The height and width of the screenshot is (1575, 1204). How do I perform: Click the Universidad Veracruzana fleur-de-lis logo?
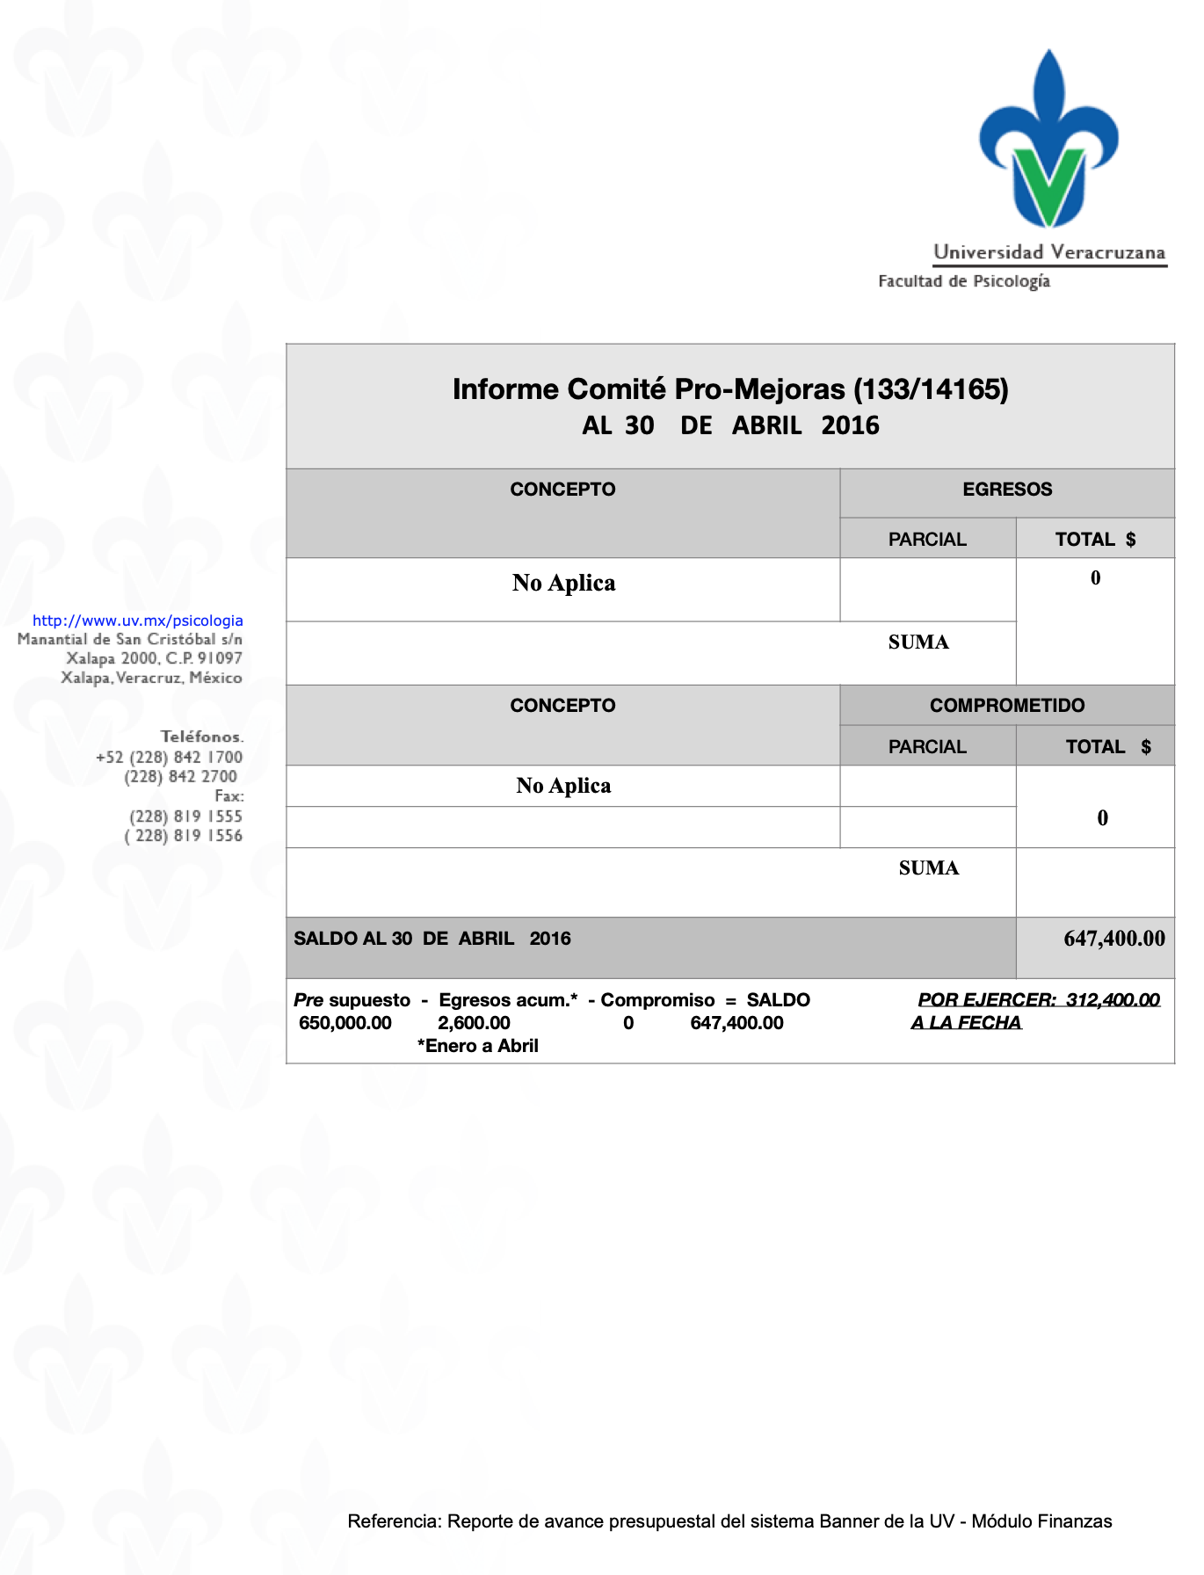(x=1048, y=141)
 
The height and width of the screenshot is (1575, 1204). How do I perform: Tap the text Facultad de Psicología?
(x=964, y=281)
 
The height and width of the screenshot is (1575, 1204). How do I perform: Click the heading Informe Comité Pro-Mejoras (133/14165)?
(x=730, y=388)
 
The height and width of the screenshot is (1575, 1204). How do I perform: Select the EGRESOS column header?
(x=1007, y=490)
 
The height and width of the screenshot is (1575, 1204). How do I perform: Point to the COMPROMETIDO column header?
(x=1007, y=706)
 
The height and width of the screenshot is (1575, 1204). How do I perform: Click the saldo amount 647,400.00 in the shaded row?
(x=1113, y=939)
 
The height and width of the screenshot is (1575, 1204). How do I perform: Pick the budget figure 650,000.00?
(x=345, y=1023)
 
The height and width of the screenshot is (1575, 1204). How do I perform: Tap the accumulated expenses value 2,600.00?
(x=474, y=1023)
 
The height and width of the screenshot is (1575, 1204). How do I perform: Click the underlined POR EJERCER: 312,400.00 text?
(x=1039, y=1000)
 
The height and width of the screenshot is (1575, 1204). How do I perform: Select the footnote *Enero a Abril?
(x=478, y=1046)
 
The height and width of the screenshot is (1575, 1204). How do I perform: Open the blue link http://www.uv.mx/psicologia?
(x=138, y=621)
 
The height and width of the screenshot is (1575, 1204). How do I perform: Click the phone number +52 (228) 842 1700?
(x=169, y=758)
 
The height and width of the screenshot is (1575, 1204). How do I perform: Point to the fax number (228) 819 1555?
(x=185, y=817)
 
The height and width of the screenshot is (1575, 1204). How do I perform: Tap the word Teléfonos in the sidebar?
(x=201, y=737)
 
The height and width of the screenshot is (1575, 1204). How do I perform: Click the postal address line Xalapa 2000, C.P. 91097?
(x=155, y=658)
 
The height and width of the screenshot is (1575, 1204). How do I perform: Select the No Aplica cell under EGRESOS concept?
(x=563, y=584)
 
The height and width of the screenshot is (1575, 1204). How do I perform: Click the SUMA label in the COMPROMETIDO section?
(x=929, y=868)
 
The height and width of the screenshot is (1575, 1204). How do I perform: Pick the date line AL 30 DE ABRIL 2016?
(x=730, y=426)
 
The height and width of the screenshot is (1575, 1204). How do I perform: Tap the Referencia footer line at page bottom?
(x=729, y=1521)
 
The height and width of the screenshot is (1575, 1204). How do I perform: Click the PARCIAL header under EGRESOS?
(x=927, y=540)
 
